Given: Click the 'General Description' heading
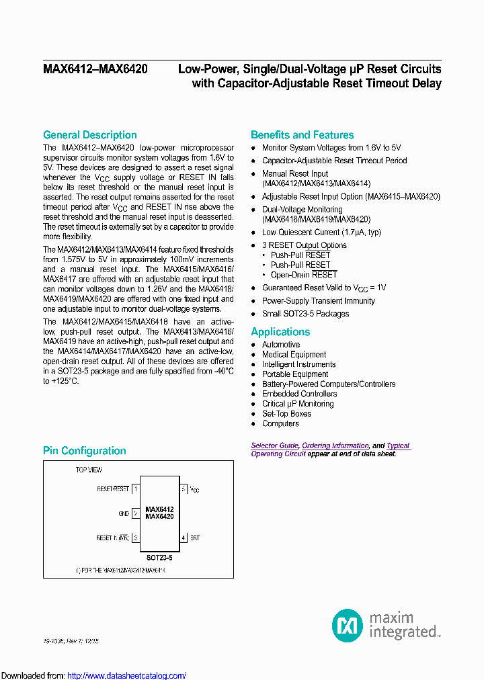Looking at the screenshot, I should pos(89,135).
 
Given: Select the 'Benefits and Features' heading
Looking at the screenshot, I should pos(302,135).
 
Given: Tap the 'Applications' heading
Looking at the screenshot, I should pos(280,332).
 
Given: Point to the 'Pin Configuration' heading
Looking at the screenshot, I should pos(84,451).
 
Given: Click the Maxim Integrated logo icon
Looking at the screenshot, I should pos(348,625).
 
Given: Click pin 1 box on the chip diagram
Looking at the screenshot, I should pos(136,489).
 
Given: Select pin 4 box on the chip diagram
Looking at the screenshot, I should pos(183,538).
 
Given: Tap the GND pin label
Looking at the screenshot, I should pos(124,514).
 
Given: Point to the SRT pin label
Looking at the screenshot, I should pos(194,538).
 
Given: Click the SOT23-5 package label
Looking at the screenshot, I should pos(159,558).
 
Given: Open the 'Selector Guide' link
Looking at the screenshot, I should pos(274,445).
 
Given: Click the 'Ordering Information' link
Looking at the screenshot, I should pos(335,445).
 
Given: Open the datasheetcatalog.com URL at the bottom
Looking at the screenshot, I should pos(127,675).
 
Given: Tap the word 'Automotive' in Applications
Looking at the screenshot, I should pos(281,345).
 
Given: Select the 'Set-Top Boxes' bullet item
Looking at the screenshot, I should pos(286,414).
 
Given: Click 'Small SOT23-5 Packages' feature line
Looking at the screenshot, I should pos(305,314).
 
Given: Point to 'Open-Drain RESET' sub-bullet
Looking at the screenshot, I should pos(304,275).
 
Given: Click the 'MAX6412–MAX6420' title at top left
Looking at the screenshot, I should pos(95,69).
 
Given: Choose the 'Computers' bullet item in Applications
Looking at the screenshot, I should pos(280,424).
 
